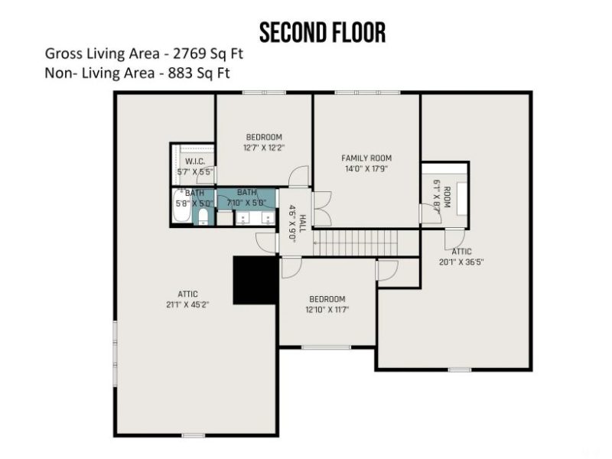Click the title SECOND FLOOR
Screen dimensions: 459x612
coord(322,33)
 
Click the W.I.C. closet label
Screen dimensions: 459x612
coord(194,161)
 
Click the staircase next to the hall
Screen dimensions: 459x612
coord(357,243)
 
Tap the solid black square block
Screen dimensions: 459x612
coord(256,280)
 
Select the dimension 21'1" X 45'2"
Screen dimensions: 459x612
coord(188,304)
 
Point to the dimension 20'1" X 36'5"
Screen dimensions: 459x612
coord(461,262)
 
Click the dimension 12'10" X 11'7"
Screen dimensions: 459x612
coord(327,310)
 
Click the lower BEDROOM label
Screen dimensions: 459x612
coord(327,299)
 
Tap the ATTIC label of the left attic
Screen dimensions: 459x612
coord(188,292)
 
